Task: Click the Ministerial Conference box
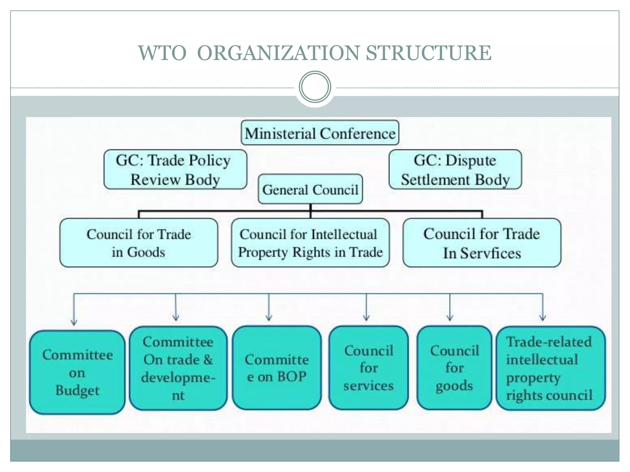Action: (x=320, y=133)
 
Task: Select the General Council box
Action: (x=310, y=189)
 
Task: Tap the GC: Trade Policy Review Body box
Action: (x=175, y=170)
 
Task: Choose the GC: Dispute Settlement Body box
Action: (x=455, y=170)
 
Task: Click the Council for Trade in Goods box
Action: (x=139, y=243)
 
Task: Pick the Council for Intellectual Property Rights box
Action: (x=310, y=243)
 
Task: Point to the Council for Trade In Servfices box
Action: (x=482, y=243)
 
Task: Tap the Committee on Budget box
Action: (x=78, y=372)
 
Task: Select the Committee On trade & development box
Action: (x=178, y=368)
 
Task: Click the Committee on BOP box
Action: (x=277, y=368)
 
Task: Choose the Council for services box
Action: (x=369, y=368)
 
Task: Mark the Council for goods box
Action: (x=454, y=368)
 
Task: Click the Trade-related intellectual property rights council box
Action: (x=551, y=368)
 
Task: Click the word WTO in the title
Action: (x=162, y=53)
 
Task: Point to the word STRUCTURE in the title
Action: (x=429, y=53)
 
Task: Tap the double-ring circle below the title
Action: (x=315, y=87)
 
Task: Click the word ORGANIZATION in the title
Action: (x=278, y=53)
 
